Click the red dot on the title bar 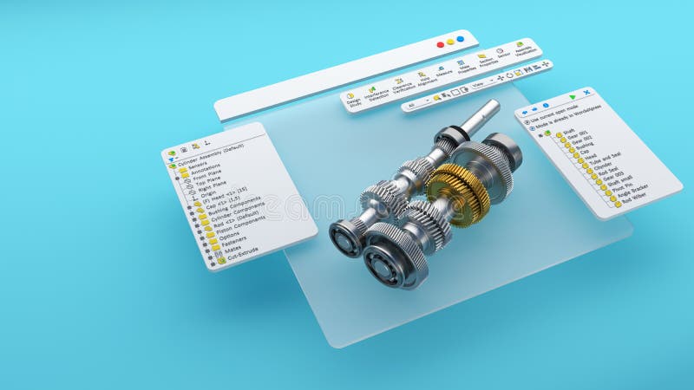pos(441,44)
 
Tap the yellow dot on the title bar pos(450,42)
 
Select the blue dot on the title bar pos(460,39)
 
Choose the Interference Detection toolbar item pos(376,93)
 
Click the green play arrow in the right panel pos(572,96)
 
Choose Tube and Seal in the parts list pos(597,157)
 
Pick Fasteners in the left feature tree pos(232,239)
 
